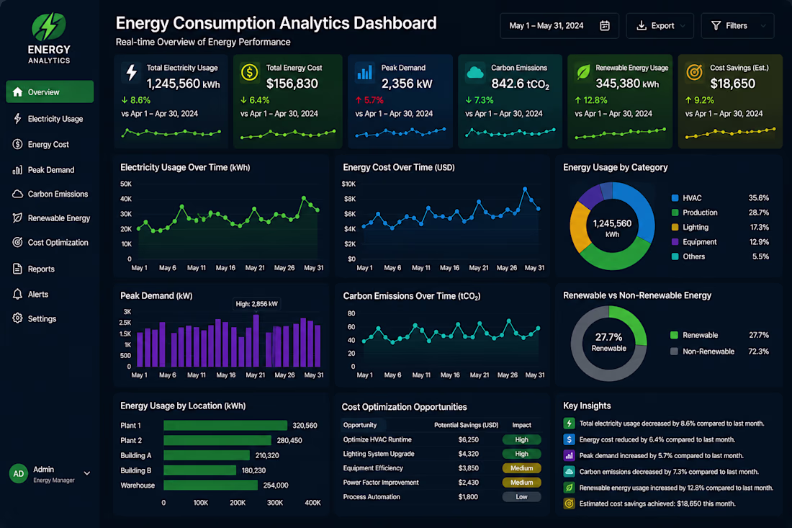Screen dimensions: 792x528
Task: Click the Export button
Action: click(x=660, y=26)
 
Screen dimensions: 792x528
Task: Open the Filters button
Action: click(x=737, y=26)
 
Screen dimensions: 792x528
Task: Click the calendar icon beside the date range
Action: click(x=604, y=26)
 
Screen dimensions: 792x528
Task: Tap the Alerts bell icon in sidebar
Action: click(x=18, y=294)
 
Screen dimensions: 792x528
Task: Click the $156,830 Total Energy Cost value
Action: click(x=292, y=84)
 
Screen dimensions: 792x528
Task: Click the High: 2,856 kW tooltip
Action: click(x=256, y=304)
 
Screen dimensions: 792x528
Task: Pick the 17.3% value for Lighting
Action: click(x=759, y=228)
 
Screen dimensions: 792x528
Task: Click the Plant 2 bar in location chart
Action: click(x=217, y=441)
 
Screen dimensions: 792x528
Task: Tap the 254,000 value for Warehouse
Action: click(x=276, y=486)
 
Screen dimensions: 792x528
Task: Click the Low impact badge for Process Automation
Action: click(x=522, y=497)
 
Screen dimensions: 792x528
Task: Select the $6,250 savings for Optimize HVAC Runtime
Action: click(x=468, y=439)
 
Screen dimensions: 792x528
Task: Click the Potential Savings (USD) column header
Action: click(x=467, y=425)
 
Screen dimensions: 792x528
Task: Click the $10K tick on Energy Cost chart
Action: click(x=348, y=184)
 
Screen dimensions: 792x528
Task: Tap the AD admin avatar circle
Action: click(x=19, y=474)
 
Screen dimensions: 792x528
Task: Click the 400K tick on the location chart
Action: click(x=312, y=503)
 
